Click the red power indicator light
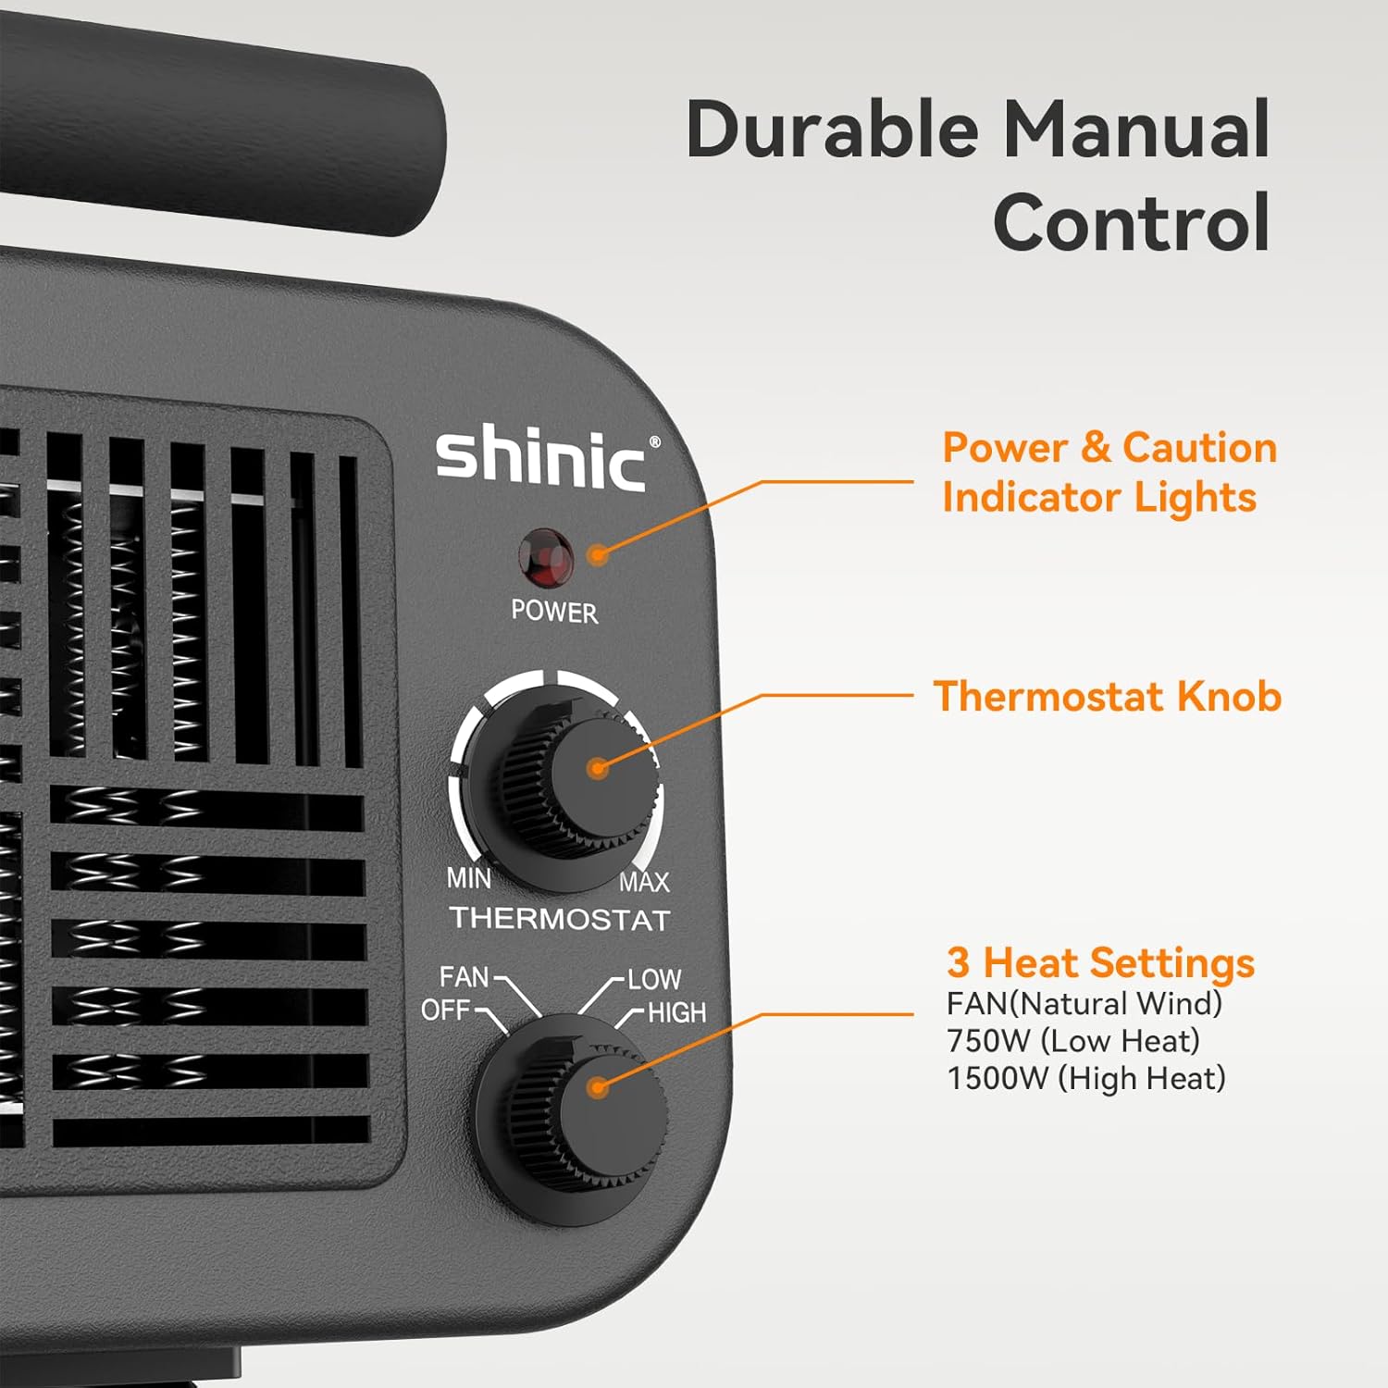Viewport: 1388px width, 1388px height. (x=545, y=558)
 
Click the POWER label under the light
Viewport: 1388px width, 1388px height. (x=554, y=612)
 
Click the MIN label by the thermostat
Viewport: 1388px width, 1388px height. (x=469, y=877)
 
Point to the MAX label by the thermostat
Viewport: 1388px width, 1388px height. (x=644, y=882)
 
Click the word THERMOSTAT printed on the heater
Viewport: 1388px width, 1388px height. (x=560, y=919)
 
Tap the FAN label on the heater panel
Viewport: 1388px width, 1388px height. (x=464, y=977)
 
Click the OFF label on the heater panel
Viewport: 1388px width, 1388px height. (x=445, y=1010)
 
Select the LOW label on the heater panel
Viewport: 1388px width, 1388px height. (x=654, y=979)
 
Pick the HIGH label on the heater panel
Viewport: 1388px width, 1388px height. (x=676, y=1013)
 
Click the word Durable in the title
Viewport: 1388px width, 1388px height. (x=832, y=130)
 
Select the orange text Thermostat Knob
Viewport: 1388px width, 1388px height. (x=1108, y=697)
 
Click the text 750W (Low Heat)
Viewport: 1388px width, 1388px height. (x=1072, y=1041)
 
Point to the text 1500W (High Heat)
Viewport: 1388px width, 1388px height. (x=1085, y=1078)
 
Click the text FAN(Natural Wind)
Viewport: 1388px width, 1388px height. (x=1084, y=1004)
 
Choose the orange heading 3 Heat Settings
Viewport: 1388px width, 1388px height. (x=1100, y=962)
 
